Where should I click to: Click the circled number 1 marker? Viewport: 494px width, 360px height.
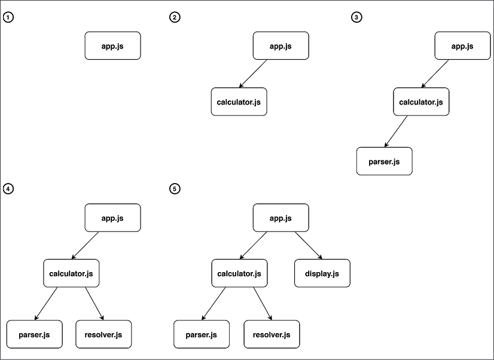pos(8,17)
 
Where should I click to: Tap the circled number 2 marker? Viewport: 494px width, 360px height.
pos(175,17)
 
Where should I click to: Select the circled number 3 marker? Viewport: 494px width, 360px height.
pos(356,17)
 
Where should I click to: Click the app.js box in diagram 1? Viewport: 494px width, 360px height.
pos(112,46)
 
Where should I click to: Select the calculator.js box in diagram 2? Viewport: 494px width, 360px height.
pos(239,102)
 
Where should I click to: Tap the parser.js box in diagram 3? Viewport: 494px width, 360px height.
pos(385,161)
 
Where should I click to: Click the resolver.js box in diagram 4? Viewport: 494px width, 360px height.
pos(103,334)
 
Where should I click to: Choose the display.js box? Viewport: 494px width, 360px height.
pos(322,274)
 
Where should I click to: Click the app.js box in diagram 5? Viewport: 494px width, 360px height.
pos(280,218)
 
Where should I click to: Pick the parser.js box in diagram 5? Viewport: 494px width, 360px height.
pos(202,334)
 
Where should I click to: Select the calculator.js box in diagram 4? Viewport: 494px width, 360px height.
pos(71,274)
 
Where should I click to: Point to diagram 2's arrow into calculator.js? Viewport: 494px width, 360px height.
pos(253,74)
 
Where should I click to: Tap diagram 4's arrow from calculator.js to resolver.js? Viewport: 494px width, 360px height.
pos(94,304)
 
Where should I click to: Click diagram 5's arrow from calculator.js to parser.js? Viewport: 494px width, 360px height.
pos(214,304)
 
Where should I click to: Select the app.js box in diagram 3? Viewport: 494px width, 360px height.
pos(462,46)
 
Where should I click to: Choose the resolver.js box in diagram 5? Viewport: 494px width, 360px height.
pos(272,334)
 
